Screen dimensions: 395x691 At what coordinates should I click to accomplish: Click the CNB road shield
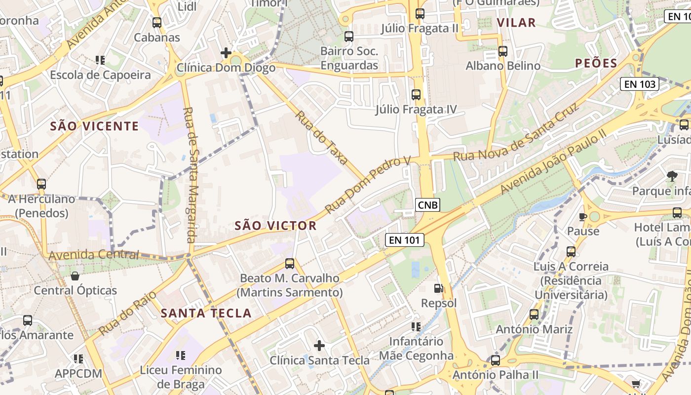[x=427, y=205]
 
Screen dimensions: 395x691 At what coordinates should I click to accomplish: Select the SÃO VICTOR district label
[x=275, y=226]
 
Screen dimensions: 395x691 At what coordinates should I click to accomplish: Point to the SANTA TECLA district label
[x=206, y=313]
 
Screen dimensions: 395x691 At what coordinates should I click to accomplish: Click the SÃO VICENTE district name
[x=95, y=126]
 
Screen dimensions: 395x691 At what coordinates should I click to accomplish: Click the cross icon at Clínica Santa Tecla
[x=319, y=346]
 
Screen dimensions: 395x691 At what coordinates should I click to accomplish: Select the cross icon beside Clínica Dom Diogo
[x=226, y=52]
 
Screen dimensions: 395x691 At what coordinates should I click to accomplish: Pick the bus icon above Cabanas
[x=157, y=22]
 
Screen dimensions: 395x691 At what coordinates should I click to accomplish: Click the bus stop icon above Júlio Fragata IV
[x=416, y=94]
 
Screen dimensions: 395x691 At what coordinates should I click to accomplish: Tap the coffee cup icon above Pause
[x=583, y=217]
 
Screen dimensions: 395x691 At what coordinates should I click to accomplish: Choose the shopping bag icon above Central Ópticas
[x=75, y=276]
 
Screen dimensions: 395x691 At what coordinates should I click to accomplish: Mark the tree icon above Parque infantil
[x=672, y=176]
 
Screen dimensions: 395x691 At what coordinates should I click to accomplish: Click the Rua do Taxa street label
[x=322, y=138]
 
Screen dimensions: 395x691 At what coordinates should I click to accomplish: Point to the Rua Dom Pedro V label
[x=368, y=185]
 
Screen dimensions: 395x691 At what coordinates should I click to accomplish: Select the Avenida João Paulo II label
[x=552, y=163]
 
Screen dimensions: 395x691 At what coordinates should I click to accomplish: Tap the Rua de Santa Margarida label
[x=190, y=175]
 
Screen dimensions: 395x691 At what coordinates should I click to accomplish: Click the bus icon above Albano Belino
[x=503, y=51]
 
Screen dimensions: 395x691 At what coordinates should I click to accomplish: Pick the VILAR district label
[x=516, y=22]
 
